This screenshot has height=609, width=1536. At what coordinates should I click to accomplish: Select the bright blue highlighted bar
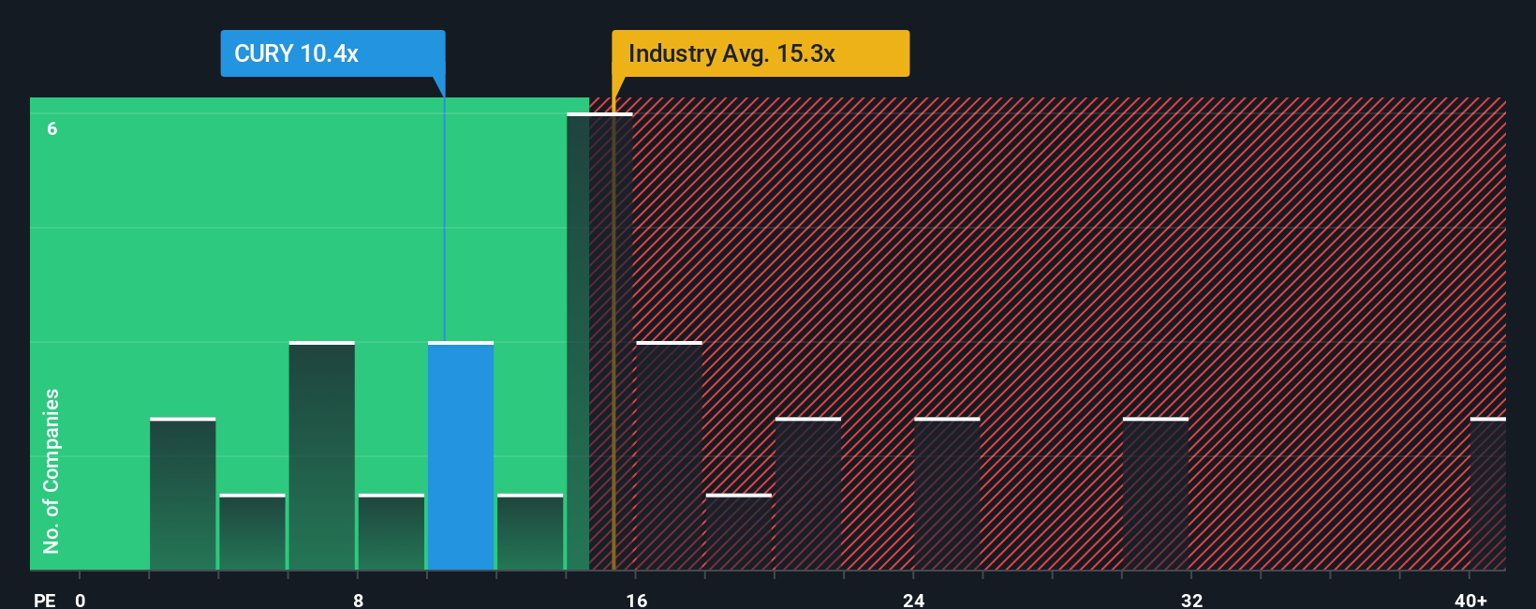(x=461, y=455)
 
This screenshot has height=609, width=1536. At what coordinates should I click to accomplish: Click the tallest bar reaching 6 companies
(x=599, y=342)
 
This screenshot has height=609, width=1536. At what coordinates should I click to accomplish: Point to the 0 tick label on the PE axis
(x=81, y=600)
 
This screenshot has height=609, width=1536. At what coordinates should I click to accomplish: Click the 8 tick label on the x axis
(x=358, y=600)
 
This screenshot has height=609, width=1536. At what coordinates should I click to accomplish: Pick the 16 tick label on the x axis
(x=637, y=600)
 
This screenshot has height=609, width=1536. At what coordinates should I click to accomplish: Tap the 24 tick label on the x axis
(x=914, y=600)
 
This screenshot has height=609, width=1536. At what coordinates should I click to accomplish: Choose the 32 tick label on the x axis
(x=1191, y=600)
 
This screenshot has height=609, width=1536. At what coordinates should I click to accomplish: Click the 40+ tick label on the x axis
(x=1470, y=600)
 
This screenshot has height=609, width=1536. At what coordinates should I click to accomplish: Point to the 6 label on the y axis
(x=52, y=128)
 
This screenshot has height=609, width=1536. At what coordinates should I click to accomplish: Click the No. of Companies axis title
(x=52, y=470)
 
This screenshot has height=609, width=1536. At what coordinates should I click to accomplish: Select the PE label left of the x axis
(x=44, y=600)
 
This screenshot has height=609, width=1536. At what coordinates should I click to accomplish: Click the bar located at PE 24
(x=947, y=494)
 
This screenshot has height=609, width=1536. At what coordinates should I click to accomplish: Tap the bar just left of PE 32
(x=1156, y=494)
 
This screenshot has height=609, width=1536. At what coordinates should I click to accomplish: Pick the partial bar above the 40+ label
(x=1487, y=494)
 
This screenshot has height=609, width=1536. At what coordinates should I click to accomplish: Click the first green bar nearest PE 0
(x=183, y=494)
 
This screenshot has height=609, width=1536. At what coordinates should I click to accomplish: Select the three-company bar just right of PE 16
(x=669, y=455)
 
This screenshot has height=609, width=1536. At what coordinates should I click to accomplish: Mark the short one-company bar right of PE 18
(x=739, y=531)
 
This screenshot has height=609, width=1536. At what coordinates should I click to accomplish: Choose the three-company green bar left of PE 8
(x=322, y=455)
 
